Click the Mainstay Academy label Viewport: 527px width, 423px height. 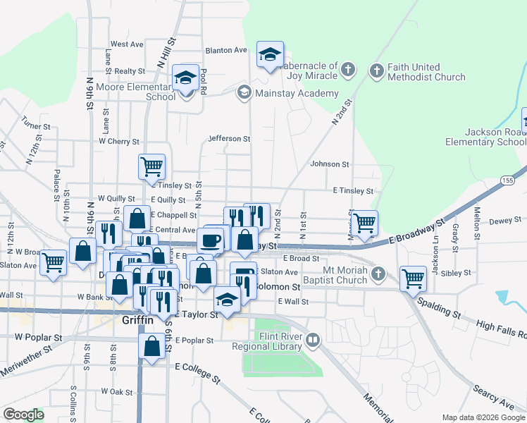(297, 93)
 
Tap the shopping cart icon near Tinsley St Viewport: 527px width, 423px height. (152, 167)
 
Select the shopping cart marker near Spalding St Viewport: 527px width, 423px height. (413, 278)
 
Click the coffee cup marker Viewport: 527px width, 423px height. (210, 240)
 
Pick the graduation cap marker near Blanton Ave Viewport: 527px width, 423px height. (268, 54)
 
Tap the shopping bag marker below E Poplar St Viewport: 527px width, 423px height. (152, 346)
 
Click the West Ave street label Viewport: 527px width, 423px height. (127, 44)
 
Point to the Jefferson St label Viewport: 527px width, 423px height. (229, 139)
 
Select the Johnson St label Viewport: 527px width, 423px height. (330, 164)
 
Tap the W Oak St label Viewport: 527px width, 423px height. (117, 391)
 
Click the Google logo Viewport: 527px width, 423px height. (23, 415)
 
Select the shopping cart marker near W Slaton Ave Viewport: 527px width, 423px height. (54, 262)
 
